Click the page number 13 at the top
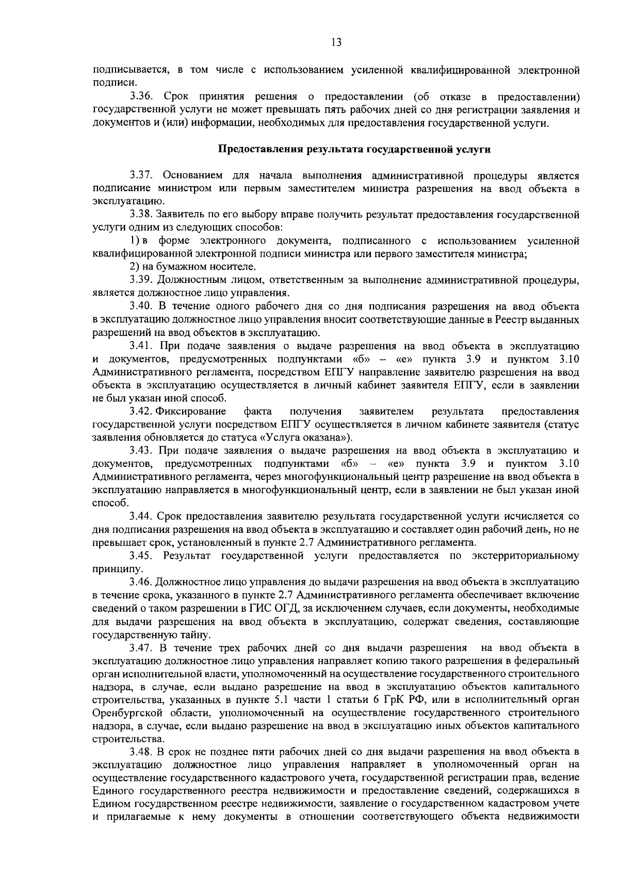tap(336, 43)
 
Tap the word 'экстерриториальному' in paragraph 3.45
tap(525, 556)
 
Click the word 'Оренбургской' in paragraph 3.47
tap(124, 713)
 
